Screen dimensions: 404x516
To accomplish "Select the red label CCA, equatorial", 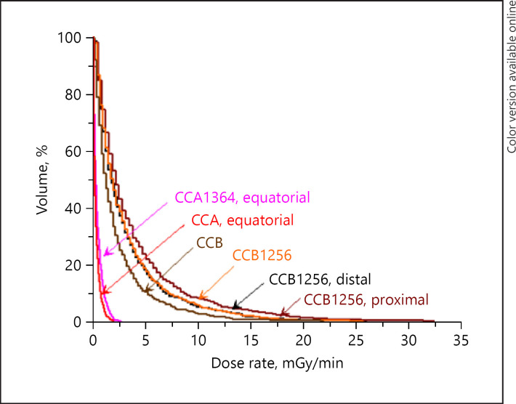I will (241, 220).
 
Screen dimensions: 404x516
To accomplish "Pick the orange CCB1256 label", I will (262, 255).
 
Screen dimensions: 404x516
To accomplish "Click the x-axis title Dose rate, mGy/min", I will (276, 361).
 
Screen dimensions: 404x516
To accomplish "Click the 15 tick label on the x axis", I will (250, 339).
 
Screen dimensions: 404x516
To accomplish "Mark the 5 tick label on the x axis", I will (145, 339).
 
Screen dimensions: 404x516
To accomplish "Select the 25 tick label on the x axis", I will (355, 339).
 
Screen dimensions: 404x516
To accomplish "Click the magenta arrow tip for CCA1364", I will (105, 255).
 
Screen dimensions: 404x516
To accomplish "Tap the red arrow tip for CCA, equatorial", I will (102, 292).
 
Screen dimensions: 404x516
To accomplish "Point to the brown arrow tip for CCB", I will (145, 291).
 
